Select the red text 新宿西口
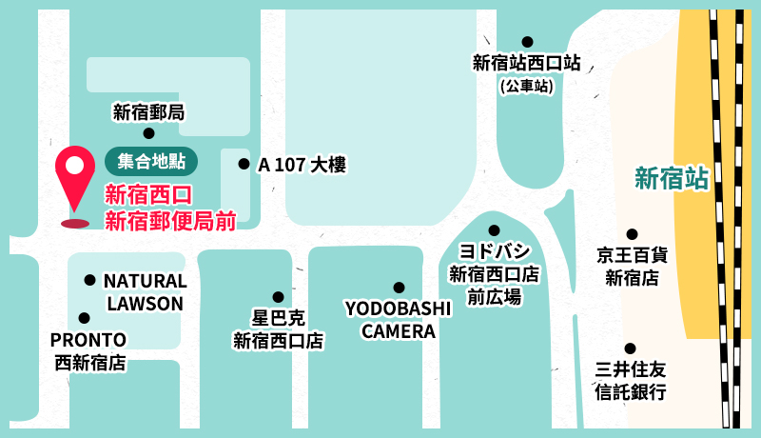148,196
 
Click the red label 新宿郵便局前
170,222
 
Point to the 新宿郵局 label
148,112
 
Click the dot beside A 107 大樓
244,164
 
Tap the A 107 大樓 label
302,165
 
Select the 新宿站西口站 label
527,64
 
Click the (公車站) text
527,87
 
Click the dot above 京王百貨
632,233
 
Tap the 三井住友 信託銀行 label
630,381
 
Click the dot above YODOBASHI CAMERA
399,288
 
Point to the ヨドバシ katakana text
494,253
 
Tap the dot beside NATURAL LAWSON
89,280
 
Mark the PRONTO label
88,340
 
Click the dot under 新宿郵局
148,133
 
